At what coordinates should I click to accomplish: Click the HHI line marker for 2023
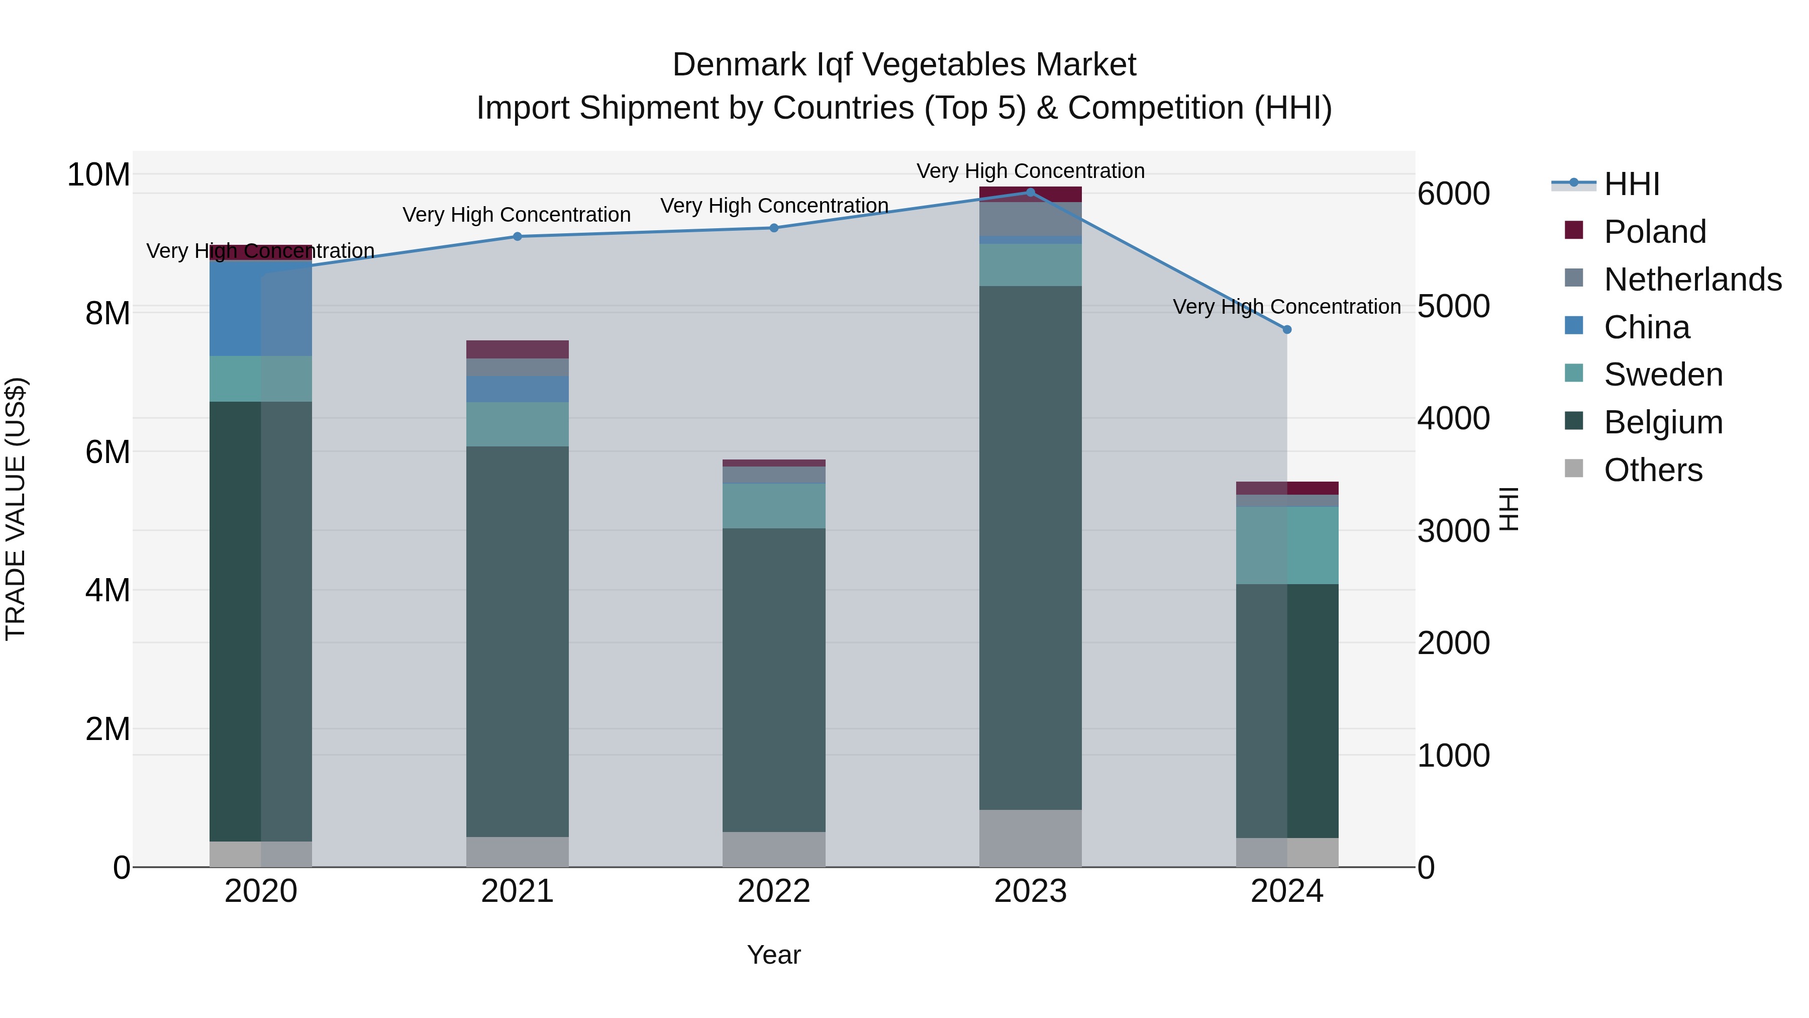click(x=1030, y=193)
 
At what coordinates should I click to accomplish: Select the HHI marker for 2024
click(x=1286, y=329)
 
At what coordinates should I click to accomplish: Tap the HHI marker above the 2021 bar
click(x=518, y=237)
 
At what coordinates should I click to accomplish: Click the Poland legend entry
click(x=1655, y=232)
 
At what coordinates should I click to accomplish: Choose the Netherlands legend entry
click(x=1692, y=280)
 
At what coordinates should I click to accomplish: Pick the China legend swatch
click(x=1574, y=326)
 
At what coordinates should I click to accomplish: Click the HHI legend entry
click(x=1631, y=184)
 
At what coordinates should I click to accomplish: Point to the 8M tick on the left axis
click(x=108, y=313)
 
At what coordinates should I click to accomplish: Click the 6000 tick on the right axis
click(x=1453, y=194)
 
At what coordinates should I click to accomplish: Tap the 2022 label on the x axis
click(x=773, y=891)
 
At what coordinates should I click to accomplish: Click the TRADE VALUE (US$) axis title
click(x=16, y=509)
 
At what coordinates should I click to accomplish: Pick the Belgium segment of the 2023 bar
click(x=1030, y=548)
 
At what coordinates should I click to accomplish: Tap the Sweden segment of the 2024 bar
click(x=1286, y=545)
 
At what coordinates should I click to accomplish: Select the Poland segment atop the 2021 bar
click(x=518, y=349)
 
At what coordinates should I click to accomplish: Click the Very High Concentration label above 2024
click(x=1286, y=307)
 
